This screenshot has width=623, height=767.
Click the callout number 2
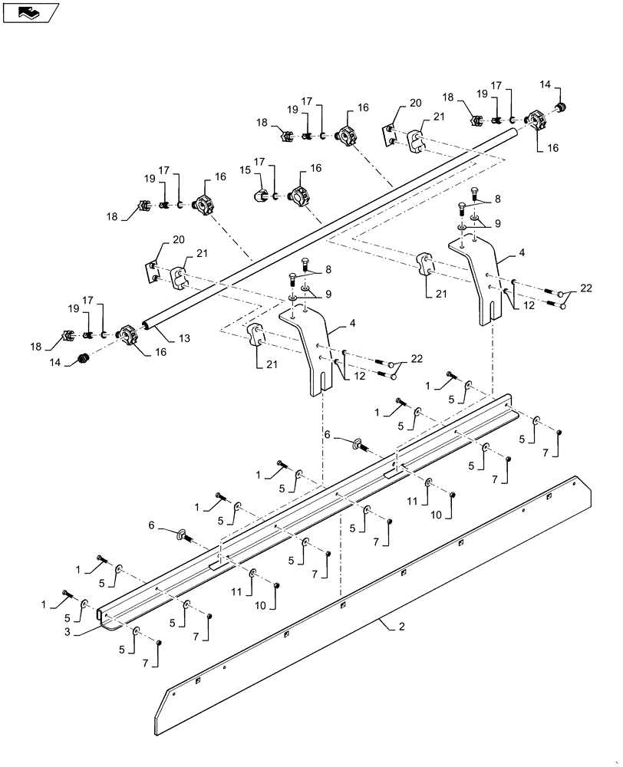[400, 627]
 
